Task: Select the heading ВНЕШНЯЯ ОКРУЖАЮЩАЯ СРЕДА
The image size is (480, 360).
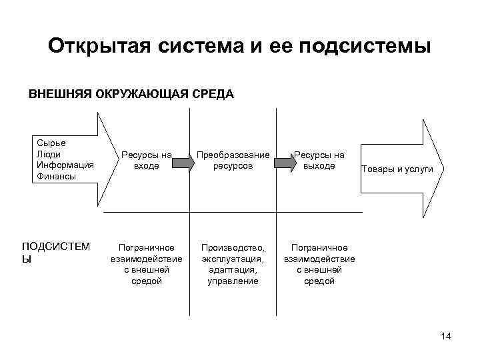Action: [131, 93]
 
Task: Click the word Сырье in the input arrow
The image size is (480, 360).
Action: [51, 143]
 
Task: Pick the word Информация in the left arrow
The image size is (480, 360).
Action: [65, 165]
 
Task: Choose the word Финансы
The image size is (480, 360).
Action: [57, 177]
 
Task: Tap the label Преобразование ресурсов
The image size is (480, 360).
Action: [233, 160]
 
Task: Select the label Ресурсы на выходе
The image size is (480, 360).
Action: [319, 160]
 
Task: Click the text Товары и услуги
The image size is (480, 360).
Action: [397, 169]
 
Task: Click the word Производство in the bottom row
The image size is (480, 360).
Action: [233, 247]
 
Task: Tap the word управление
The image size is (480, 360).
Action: [233, 281]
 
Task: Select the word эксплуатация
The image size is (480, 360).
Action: [233, 259]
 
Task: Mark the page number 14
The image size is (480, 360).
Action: [446, 336]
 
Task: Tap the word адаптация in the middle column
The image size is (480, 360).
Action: [233, 270]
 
